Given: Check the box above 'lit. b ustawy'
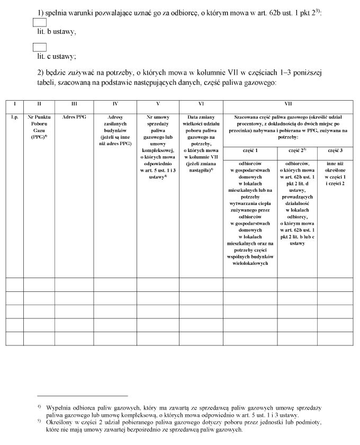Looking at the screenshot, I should pyautogui.click(x=40, y=22).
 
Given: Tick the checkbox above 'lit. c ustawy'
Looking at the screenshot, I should pyautogui.click(x=40, y=47).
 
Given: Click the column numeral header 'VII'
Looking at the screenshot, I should pyautogui.click(x=288, y=104).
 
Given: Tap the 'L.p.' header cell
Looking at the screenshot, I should pyautogui.click(x=14, y=117).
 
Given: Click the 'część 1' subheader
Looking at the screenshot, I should pyautogui.click(x=250, y=151).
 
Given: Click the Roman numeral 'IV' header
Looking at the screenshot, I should pyautogui.click(x=115, y=104).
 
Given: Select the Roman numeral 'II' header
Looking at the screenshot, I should pyautogui.click(x=39, y=104).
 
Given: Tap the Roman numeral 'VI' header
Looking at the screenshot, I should pyautogui.click(x=201, y=104).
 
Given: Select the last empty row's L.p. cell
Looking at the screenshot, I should pyautogui.click(x=14, y=339).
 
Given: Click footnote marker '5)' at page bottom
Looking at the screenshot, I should pyautogui.click(x=39, y=422).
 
